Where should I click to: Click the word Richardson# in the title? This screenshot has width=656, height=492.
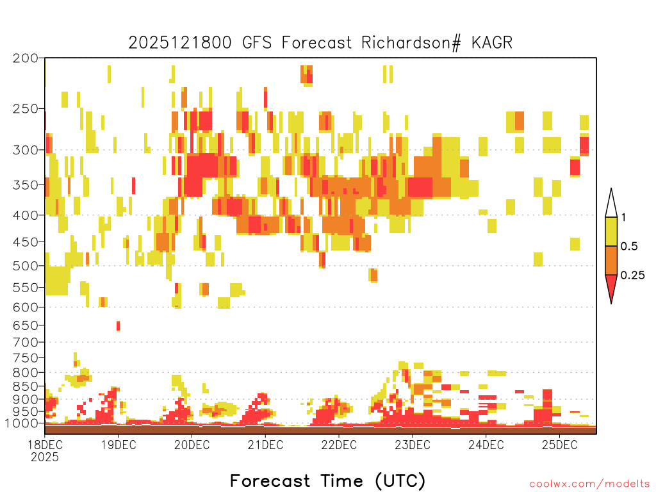411,43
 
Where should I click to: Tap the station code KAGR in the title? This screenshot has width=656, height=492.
492,43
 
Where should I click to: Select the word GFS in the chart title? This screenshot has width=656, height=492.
257,43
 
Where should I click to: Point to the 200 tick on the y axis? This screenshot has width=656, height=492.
26,58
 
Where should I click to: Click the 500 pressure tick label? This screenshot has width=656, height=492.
26,266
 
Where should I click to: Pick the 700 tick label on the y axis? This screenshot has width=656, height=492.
26,342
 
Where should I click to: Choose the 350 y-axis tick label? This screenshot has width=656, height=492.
26,185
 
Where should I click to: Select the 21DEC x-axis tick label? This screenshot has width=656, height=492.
265,445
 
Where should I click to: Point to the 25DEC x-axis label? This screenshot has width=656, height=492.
560,445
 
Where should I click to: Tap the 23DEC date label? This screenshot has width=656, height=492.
413,445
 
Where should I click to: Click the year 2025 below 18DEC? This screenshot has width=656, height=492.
45,457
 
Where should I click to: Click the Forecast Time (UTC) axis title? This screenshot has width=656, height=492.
327,480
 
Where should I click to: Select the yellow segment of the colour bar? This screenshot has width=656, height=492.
611,231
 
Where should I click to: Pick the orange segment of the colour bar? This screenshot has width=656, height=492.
611,260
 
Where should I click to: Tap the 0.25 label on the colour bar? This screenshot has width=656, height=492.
632,275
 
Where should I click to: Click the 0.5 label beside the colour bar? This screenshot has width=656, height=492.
629,247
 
